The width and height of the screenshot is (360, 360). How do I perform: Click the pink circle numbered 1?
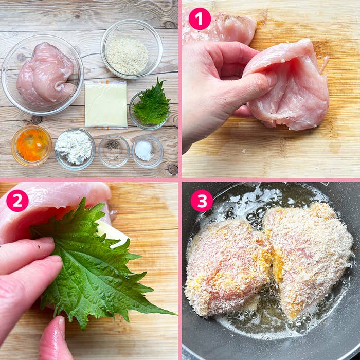click(200, 19)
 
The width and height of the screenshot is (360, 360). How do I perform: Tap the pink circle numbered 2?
click(17, 201)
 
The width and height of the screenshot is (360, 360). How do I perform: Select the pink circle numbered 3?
click(202, 201)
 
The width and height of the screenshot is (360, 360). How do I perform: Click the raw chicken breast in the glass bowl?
click(45, 74)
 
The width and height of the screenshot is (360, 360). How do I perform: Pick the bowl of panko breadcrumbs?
click(131, 49)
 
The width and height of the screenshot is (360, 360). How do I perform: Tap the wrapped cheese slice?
click(106, 104)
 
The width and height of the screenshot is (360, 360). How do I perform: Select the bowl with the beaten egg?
click(32, 146)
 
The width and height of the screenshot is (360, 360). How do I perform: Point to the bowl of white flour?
click(75, 149)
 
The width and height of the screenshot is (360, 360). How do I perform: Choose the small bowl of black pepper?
click(114, 151)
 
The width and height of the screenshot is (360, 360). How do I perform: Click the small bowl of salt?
click(148, 152)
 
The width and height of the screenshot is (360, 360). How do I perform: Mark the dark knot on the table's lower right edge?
click(173, 169)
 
